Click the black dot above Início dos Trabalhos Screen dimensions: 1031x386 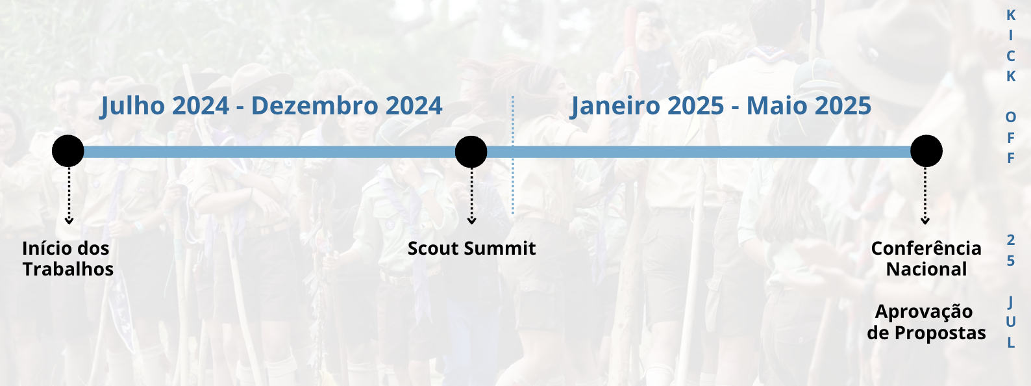click(68, 151)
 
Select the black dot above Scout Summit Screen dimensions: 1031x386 click(471, 151)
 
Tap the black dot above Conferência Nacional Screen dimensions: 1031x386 click(926, 151)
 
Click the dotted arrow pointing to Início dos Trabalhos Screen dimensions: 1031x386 click(69, 196)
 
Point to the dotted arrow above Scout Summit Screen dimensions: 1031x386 click(471, 196)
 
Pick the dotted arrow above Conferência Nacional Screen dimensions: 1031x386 click(925, 196)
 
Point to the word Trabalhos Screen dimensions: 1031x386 click(68, 270)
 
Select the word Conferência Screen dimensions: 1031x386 click(926, 248)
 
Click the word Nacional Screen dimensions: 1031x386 click(926, 270)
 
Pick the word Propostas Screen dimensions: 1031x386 click(940, 333)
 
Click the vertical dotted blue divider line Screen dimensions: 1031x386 click(513, 155)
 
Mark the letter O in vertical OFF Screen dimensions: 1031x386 click(1011, 117)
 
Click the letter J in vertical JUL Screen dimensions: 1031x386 click(1011, 303)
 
